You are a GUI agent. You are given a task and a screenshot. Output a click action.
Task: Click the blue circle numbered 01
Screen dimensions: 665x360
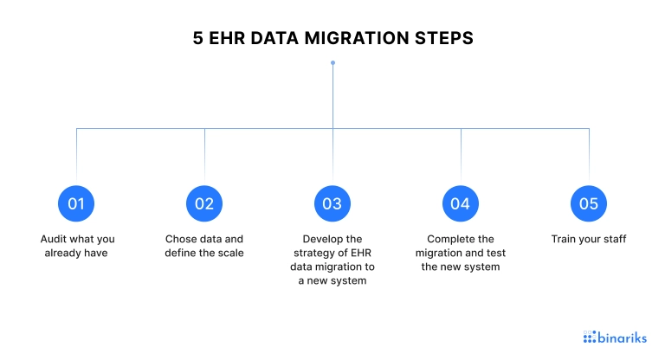[76, 203]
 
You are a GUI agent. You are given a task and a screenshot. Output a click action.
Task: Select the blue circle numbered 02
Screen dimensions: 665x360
[204, 203]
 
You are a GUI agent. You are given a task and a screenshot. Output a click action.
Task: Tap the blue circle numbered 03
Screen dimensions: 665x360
[332, 203]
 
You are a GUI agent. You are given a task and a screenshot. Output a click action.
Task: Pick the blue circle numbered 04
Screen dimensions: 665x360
[461, 203]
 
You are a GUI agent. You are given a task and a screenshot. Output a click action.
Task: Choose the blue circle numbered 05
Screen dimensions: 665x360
[589, 203]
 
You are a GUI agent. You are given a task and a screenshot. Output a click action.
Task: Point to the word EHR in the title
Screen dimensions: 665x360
[227, 38]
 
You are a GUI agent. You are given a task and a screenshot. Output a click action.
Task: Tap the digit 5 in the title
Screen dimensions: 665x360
[198, 38]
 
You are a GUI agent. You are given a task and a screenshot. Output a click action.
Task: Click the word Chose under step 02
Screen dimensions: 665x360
[178, 239]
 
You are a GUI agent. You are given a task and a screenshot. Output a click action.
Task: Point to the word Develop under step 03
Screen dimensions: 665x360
[320, 240]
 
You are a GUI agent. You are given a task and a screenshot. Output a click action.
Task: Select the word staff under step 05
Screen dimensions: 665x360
[615, 239]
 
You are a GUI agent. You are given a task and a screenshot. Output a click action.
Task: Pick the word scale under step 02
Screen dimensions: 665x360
[232, 254]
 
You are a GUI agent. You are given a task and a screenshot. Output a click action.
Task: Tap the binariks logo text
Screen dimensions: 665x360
[623, 337]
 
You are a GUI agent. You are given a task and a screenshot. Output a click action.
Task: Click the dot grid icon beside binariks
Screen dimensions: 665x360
[590, 337]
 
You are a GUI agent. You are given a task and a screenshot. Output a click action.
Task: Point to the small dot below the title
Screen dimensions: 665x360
[332, 63]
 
